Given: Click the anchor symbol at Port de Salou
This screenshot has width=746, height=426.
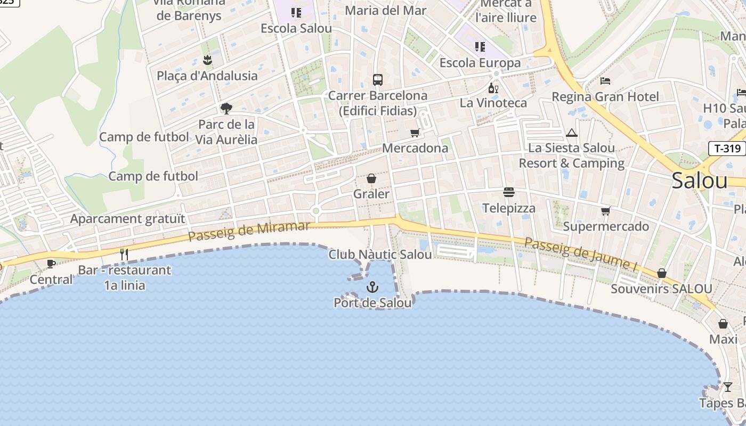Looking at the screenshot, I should tap(372, 288).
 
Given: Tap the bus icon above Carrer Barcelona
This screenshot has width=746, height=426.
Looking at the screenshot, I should tap(378, 80).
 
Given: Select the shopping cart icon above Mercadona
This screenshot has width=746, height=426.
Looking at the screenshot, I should tap(415, 133).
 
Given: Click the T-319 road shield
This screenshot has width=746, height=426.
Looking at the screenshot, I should tap(727, 149).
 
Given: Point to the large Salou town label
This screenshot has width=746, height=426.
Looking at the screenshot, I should tap(699, 181).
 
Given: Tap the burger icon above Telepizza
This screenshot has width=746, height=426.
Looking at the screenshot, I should tap(508, 192).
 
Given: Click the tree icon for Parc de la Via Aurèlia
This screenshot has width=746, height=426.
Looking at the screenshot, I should tap(226, 109).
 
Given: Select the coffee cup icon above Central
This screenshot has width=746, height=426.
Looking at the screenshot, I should tap(51, 264).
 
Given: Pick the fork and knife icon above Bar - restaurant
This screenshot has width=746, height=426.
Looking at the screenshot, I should tap(124, 254).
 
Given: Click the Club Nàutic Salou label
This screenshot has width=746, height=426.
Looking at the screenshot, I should tap(380, 255).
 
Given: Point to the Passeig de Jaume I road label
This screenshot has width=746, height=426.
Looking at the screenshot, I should tap(581, 253).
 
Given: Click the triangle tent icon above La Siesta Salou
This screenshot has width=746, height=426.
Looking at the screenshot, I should tap(572, 133).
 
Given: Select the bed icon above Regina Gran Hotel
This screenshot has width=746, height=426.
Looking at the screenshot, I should tap(605, 81).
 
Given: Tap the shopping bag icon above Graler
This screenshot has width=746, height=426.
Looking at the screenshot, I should tap(371, 178).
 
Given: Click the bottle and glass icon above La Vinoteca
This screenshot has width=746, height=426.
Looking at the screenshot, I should tap(493, 88).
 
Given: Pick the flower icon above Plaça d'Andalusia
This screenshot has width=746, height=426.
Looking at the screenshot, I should tap(207, 60).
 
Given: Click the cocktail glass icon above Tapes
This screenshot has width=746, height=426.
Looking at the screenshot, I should tap(727, 387).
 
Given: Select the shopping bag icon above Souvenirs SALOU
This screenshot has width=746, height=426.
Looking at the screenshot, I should tap(661, 273).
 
